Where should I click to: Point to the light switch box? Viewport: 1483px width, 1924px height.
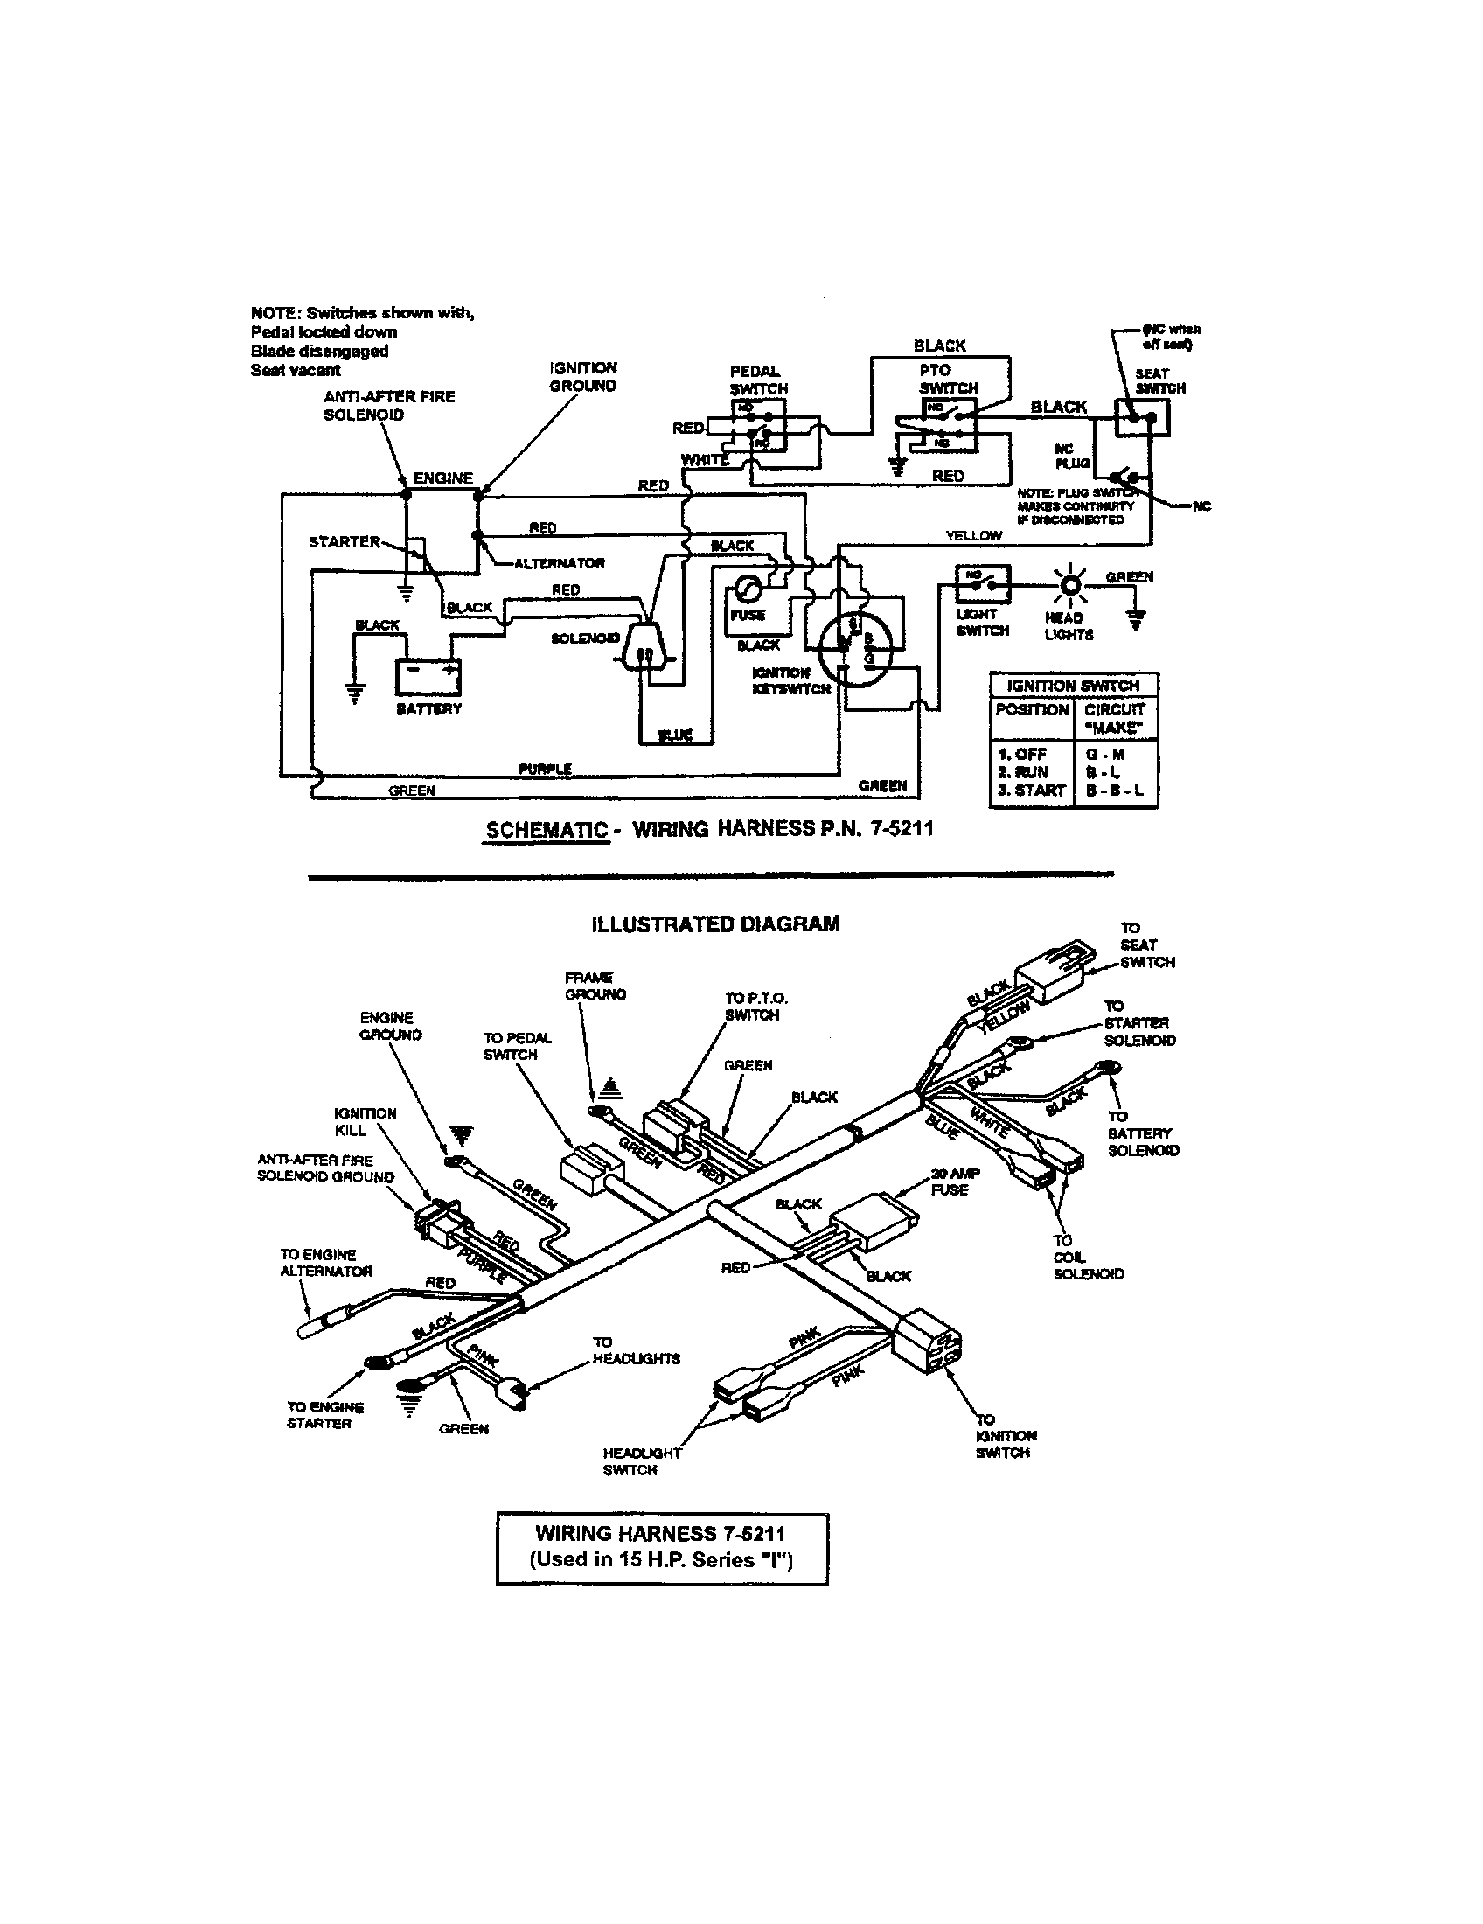983,581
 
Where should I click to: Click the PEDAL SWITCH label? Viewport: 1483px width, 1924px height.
757,380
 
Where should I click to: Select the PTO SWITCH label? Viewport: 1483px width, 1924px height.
947,379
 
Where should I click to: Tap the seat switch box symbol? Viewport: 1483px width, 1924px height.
1141,417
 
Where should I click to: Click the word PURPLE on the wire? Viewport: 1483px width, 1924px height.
545,769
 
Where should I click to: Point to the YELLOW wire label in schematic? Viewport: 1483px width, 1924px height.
973,534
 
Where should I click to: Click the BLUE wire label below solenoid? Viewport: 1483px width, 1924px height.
674,735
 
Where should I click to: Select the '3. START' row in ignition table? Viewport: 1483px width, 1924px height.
1031,791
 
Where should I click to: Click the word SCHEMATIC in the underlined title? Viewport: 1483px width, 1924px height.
546,829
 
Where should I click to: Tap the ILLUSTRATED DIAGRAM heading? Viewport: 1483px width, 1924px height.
715,924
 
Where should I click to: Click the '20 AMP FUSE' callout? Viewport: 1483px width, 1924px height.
955,1182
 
